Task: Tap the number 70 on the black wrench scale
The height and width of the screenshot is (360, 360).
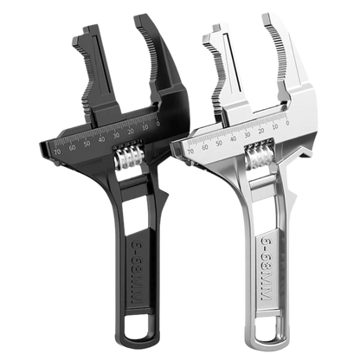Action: coord(58,148)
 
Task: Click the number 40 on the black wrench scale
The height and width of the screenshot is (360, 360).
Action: coord(101,138)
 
